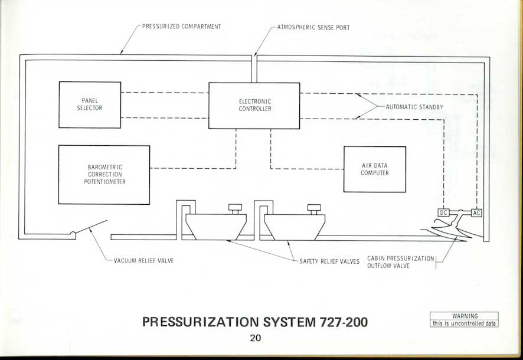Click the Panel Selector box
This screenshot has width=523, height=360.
pos(90,104)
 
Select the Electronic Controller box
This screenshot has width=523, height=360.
pos(254,105)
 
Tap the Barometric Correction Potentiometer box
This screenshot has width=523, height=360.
pos(104,175)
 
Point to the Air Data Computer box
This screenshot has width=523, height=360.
pos(375,169)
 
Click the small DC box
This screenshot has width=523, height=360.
pos(444,212)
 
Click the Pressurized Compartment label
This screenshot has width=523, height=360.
pos(181,27)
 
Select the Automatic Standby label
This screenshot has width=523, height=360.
pos(414,107)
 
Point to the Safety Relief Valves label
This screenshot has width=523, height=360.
pos(329,261)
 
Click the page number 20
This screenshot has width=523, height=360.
pos(255,338)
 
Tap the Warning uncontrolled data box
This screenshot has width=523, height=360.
pos(464,319)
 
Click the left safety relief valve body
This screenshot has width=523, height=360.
pos(216,225)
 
